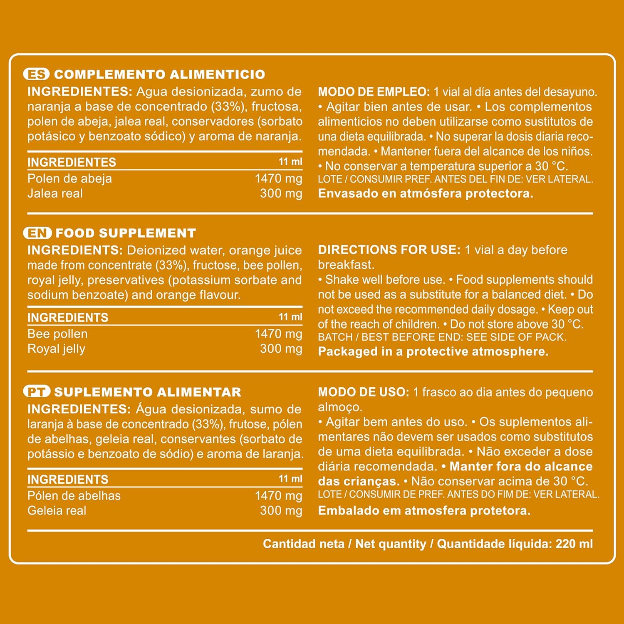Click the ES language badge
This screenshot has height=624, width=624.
pos(36,74)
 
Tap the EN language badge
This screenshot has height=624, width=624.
pos(37,233)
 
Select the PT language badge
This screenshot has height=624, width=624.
pos(37,391)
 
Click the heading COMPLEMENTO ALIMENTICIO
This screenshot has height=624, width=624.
pos(159,74)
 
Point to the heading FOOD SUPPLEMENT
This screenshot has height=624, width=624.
pos(126,233)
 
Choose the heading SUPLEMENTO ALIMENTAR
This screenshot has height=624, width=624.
pos(148,392)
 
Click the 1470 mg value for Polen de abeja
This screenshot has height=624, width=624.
pos(278,178)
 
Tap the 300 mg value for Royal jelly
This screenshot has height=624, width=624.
pos(281,349)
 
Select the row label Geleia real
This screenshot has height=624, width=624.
pos(57,510)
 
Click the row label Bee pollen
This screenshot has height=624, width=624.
pos(57,334)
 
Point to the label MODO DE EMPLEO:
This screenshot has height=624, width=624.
pos(374,92)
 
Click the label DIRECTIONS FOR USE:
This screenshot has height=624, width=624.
pos(389,250)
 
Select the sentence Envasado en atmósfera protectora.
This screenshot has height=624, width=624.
pos(425,193)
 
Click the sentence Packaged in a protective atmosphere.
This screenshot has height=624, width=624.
pos(433,352)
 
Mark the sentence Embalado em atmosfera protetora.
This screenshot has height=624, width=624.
pos(424,510)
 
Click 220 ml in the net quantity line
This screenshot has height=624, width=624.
pos(574,544)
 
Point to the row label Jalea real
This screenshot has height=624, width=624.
pos(55,193)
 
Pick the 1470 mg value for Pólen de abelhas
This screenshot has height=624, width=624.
pos(278,495)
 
